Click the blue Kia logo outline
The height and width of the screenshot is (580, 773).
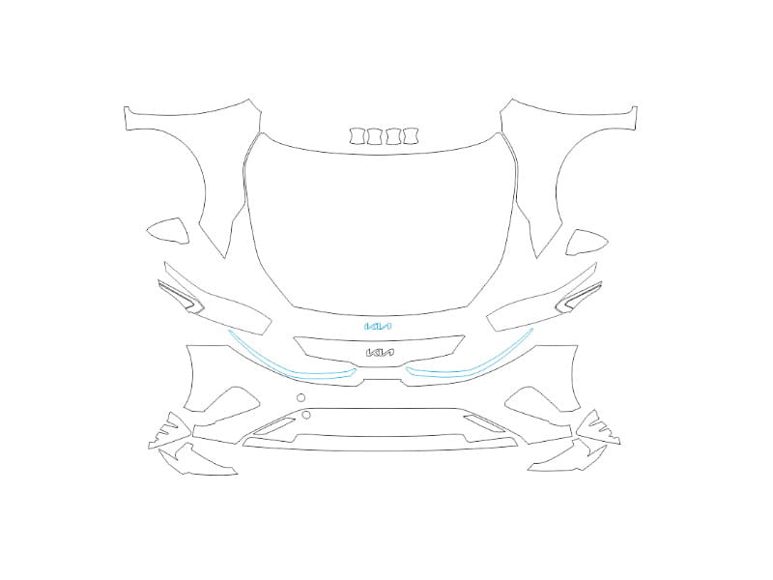tap(378, 327)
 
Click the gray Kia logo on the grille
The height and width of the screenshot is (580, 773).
tap(380, 353)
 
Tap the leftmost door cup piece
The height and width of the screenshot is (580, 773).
tap(358, 136)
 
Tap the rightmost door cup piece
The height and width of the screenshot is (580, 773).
tap(410, 136)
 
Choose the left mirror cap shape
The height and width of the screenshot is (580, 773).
tap(170, 230)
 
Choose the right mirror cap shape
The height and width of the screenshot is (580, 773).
tap(586, 243)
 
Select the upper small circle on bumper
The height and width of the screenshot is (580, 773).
tap(301, 397)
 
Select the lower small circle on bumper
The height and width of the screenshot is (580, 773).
tap(306, 415)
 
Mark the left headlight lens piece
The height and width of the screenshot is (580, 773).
tap(181, 297)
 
